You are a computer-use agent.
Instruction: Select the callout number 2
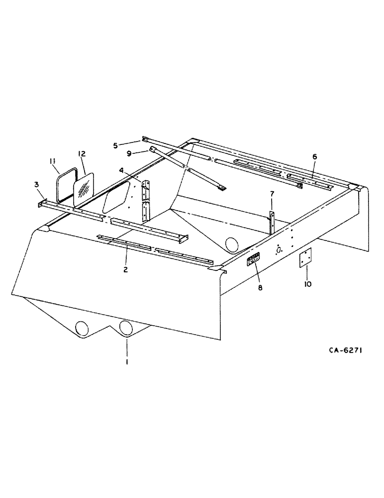coord(126,269)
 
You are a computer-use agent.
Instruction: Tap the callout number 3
coord(37,185)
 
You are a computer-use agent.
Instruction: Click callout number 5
coord(115,146)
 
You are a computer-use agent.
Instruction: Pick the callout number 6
coord(314,156)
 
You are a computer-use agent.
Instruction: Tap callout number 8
coord(258,287)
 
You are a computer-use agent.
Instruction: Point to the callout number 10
coord(307,284)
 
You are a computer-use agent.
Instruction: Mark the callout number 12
coord(82,154)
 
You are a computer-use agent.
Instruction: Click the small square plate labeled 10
coord(304,258)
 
